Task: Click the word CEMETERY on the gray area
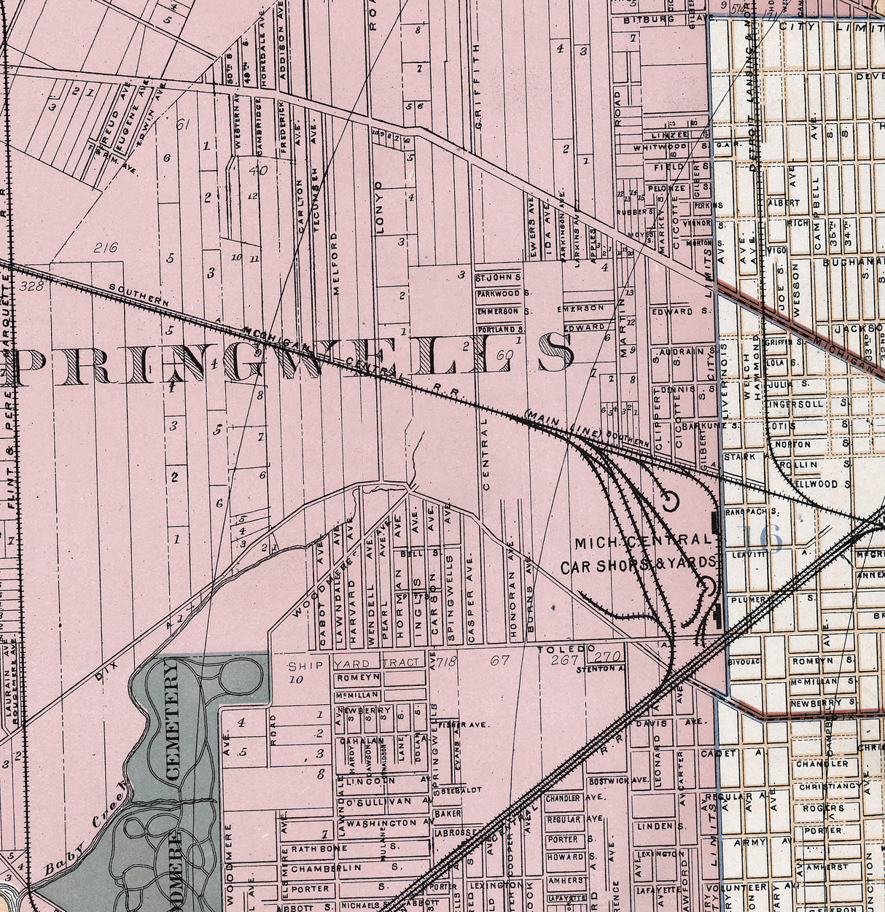173,720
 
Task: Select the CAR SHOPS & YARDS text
639,566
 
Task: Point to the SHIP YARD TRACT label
354,663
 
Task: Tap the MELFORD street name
336,263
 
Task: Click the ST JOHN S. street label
498,278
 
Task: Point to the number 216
106,247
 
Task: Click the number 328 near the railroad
33,287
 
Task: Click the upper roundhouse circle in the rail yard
669,501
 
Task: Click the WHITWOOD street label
660,147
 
